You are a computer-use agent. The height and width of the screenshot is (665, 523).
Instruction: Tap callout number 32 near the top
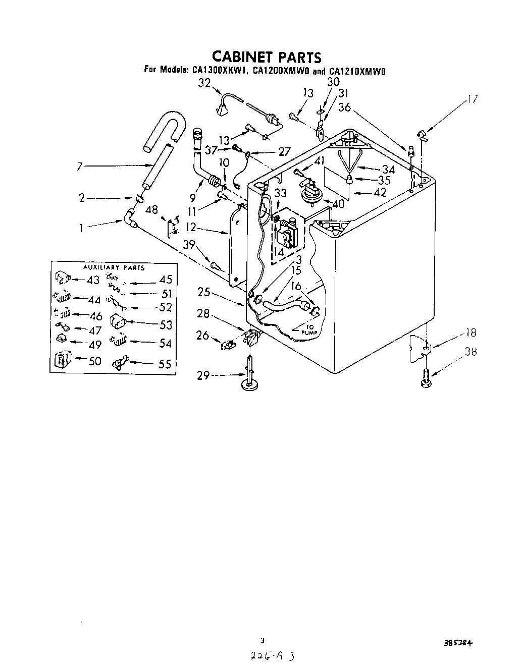point(204,84)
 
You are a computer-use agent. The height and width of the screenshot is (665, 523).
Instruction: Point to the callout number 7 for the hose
point(80,165)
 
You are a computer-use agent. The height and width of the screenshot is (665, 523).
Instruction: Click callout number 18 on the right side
point(470,333)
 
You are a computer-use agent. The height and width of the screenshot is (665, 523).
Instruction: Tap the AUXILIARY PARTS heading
point(114,267)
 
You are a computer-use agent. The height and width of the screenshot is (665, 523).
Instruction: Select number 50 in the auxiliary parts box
point(94,360)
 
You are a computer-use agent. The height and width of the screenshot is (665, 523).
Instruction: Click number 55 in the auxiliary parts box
point(165,364)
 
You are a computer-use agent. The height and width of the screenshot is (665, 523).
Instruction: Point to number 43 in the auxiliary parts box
point(93,280)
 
